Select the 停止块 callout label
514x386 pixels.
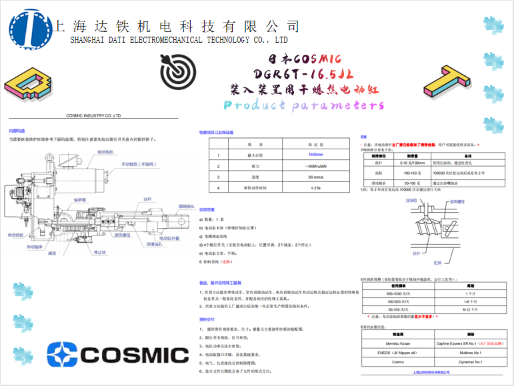(x=101, y=252)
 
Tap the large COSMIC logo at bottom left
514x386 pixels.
(x=109, y=354)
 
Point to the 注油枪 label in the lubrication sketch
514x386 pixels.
(x=411, y=200)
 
